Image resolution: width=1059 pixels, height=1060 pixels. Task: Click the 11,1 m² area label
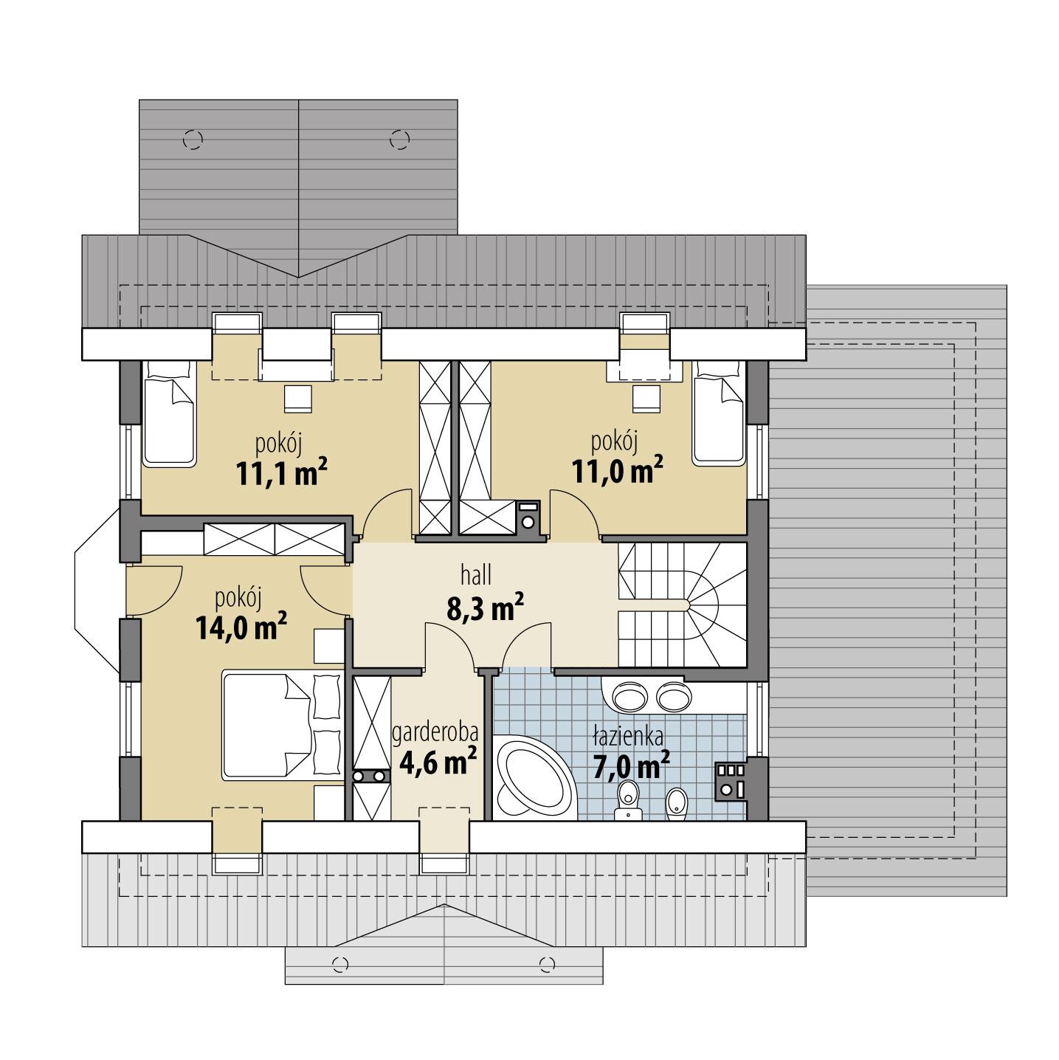click(281, 473)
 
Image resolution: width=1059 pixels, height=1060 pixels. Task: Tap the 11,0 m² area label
click(617, 470)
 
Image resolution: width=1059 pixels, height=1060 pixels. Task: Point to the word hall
click(476, 574)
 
